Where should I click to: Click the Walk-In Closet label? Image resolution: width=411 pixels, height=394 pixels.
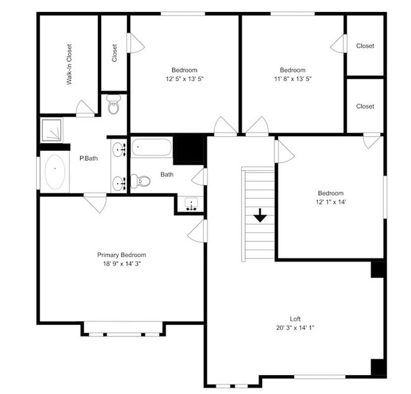pos(69,64)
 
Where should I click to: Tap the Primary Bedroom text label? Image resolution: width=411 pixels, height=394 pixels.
pos(121,255)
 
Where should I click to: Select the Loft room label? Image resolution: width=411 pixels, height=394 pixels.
pos(295,319)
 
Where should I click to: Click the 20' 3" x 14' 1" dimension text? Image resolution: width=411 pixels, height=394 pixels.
pos(295,327)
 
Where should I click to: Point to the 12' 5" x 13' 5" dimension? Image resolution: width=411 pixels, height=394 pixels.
pos(184,79)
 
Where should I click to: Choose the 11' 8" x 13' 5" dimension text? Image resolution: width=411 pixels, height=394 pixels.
pos(292,79)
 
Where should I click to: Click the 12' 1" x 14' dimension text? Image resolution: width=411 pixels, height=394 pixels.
pos(330,202)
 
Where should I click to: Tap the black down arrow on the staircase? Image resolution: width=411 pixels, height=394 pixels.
pos(260,216)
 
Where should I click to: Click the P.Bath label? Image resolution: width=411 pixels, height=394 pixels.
pos(87,158)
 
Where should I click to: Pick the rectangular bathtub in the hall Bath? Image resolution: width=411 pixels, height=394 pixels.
pos(151,148)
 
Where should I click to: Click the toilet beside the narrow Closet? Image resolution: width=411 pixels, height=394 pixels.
pos(114,105)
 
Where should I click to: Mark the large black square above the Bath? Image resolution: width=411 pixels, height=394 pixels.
pos(188,149)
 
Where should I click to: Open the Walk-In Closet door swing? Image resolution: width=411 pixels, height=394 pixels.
pos(85,108)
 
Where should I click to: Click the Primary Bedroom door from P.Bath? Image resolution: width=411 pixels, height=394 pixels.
pos(95,203)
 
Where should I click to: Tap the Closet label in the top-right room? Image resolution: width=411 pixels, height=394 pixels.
pos(365,46)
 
